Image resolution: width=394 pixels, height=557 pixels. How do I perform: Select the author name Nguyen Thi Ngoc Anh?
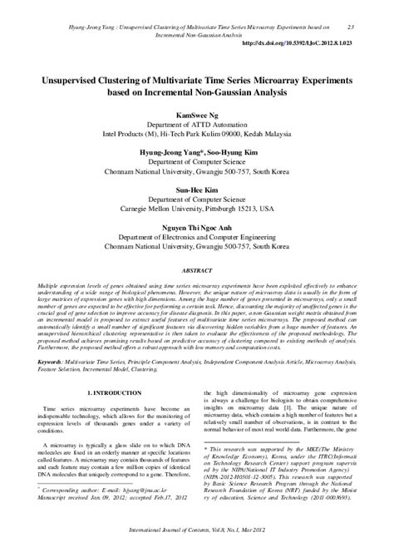point(197,224)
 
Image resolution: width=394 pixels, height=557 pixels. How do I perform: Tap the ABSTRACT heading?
point(197,271)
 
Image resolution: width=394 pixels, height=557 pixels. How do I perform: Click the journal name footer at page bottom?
point(197,545)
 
